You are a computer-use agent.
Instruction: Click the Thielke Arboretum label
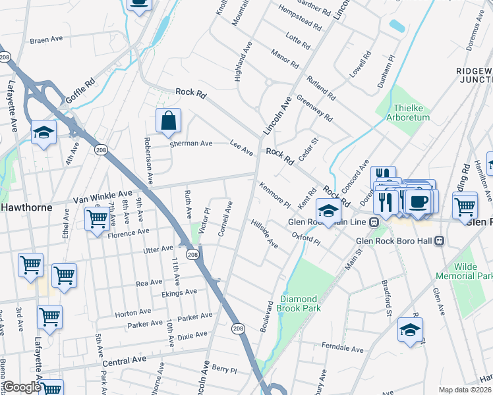tap(411, 113)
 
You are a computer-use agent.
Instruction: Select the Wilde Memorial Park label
tap(469, 272)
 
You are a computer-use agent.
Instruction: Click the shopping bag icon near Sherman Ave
tap(168, 120)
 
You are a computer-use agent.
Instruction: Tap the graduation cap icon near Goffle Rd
tap(44, 133)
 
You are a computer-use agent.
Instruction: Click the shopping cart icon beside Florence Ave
tap(97, 217)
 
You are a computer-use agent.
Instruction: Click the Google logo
tap(21, 387)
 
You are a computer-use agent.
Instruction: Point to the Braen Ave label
tap(46, 39)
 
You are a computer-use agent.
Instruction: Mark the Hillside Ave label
tap(264, 234)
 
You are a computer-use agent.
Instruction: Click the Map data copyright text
tap(465, 390)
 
